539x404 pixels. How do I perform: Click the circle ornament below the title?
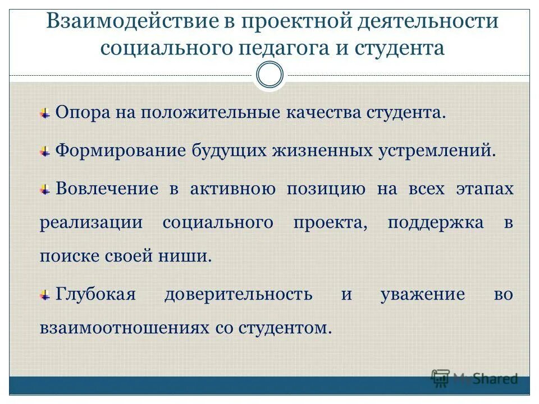point(269,75)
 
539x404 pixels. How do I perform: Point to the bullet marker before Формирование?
point(45,151)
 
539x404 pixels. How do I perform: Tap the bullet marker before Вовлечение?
point(45,190)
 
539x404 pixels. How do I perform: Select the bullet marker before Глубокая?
point(45,295)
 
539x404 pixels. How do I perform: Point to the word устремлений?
point(440,151)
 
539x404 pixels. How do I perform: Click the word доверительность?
point(239,295)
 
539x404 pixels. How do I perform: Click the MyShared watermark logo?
point(474,378)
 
